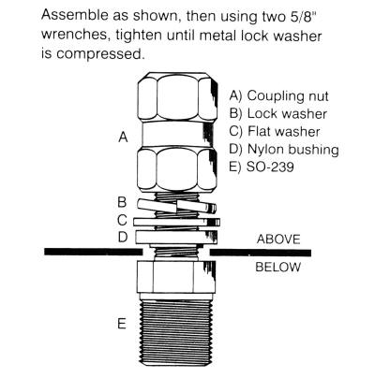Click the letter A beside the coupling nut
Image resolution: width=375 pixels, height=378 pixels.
(122, 138)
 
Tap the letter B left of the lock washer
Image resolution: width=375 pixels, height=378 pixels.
(122, 201)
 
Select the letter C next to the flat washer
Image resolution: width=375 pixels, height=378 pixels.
(122, 220)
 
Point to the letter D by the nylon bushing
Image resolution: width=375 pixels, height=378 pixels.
(122, 239)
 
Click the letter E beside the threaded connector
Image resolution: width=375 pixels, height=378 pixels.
(122, 325)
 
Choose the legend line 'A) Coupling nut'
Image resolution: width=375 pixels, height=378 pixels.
(282, 95)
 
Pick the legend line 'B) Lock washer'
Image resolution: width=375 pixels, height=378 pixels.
(278, 113)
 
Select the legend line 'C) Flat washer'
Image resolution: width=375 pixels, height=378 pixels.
(277, 131)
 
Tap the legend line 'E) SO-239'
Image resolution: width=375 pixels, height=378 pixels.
(267, 167)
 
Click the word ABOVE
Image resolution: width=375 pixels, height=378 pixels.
(277, 240)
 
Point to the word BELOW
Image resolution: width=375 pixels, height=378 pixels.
(277, 268)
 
